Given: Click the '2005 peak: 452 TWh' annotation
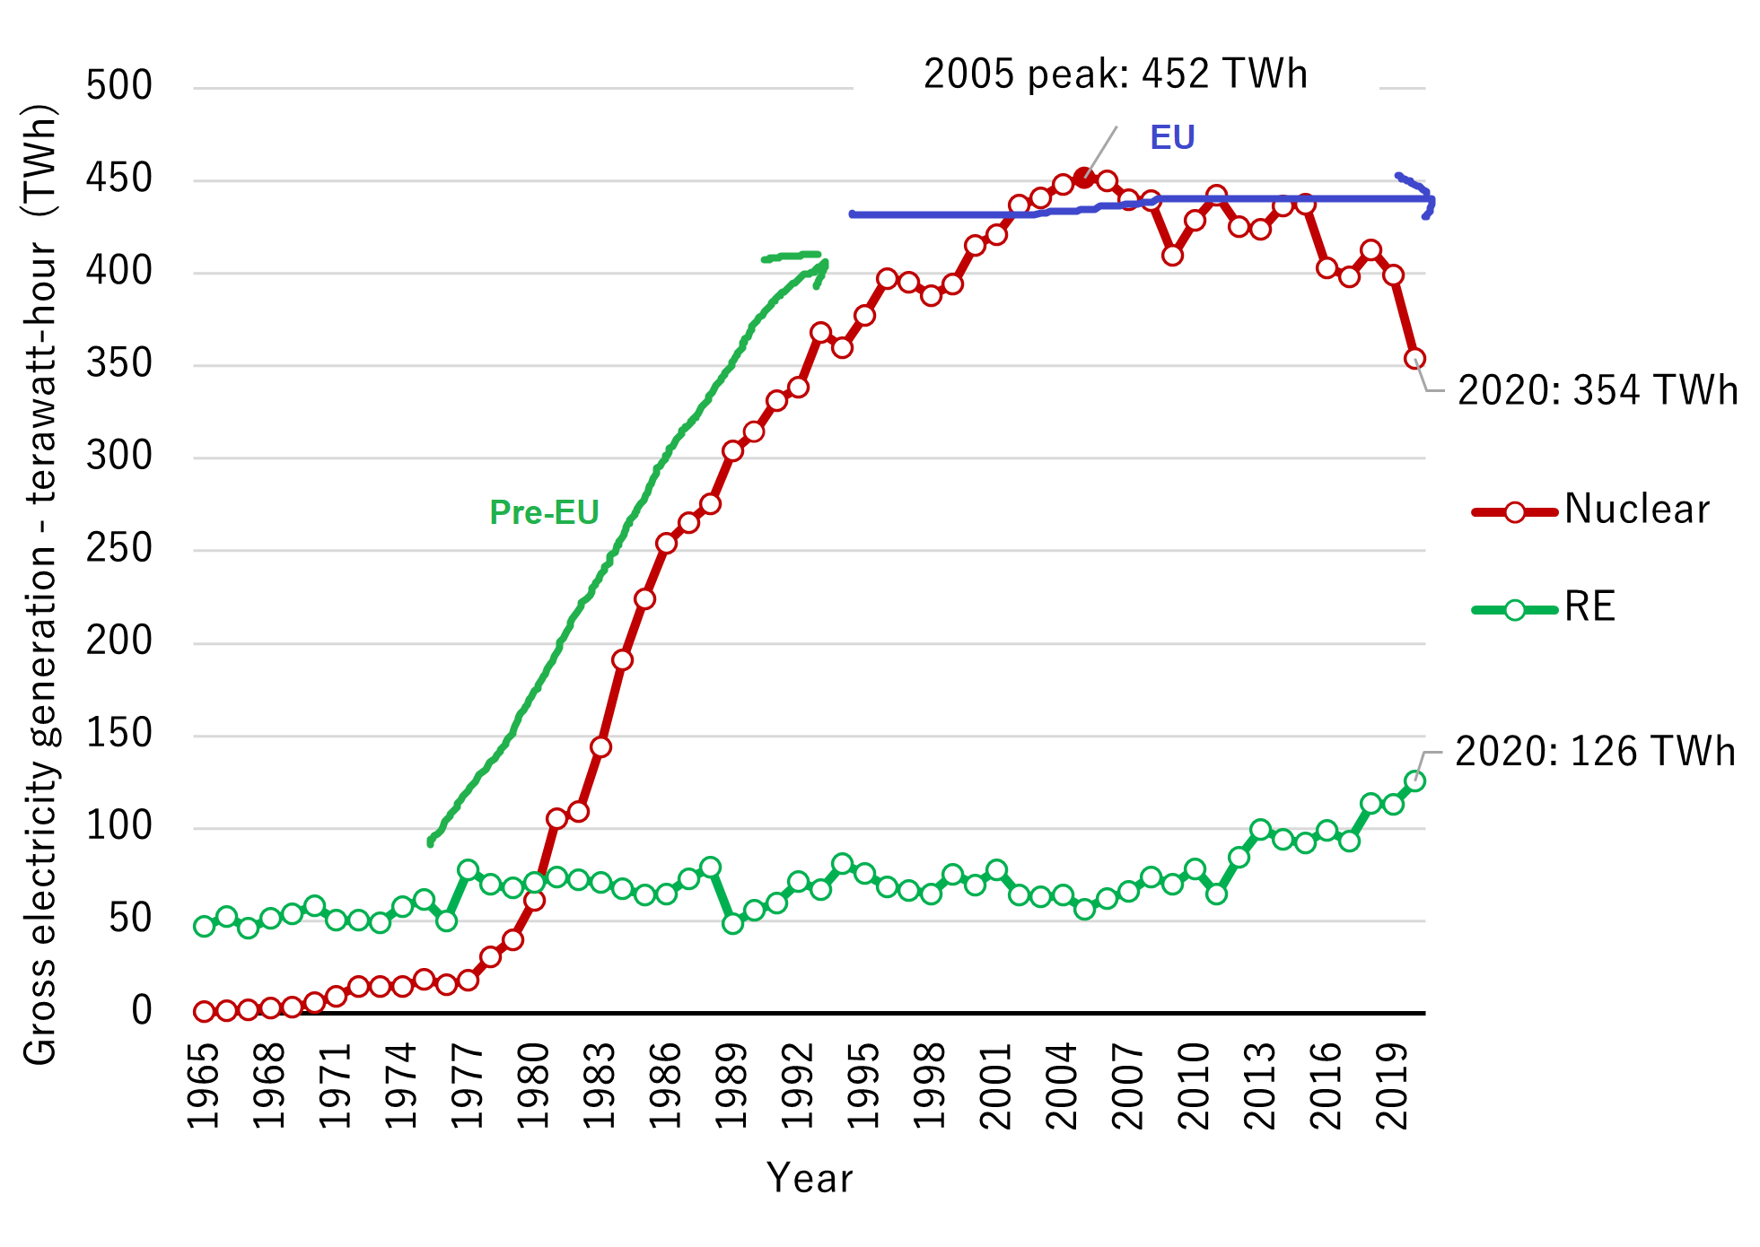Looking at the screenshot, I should click(1115, 74).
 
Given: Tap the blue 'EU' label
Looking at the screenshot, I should click(1172, 137).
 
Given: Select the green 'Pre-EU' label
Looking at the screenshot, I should click(544, 512).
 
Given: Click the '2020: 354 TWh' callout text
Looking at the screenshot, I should click(1598, 390).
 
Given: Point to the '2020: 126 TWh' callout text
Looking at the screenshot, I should click(1595, 752).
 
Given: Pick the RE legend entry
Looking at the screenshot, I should click(1544, 607).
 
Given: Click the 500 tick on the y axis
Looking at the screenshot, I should click(119, 86).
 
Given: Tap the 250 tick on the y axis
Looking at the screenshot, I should click(119, 548).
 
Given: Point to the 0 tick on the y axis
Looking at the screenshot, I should click(142, 1011).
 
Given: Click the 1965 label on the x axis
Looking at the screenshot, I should click(204, 1086).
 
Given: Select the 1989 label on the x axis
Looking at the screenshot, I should click(732, 1086).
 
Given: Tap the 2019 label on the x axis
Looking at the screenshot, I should click(1393, 1086).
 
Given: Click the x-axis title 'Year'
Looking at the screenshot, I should click(809, 1178).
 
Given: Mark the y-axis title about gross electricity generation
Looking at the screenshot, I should click(40, 583).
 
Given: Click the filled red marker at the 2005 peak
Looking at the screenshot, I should click(1084, 178).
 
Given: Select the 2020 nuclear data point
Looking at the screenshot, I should click(1414, 359).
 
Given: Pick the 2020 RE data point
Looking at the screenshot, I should click(1414, 780).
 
